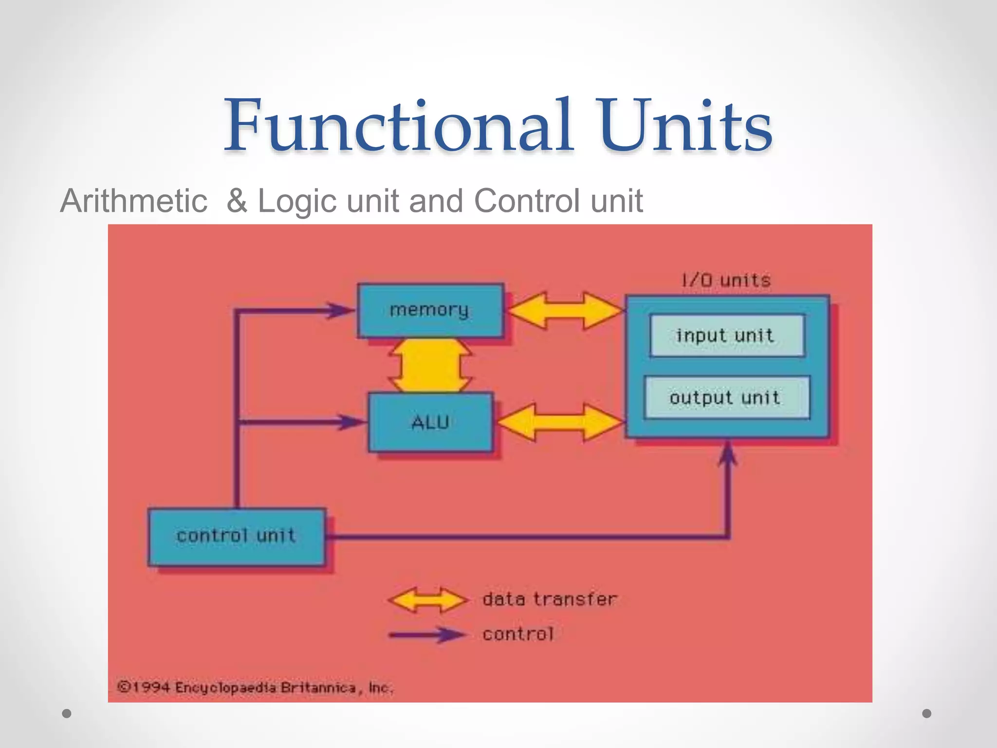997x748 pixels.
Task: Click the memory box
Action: click(x=430, y=310)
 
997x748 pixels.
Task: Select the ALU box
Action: click(x=430, y=422)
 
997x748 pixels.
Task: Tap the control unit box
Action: click(x=237, y=536)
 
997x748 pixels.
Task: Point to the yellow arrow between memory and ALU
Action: click(x=430, y=365)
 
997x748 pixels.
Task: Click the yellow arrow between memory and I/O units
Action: click(x=565, y=310)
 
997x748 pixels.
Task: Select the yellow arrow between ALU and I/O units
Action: click(x=560, y=422)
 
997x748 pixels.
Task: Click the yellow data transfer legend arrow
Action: click(x=428, y=600)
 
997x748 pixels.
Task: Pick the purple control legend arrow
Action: click(x=428, y=635)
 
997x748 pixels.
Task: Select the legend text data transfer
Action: click(x=550, y=599)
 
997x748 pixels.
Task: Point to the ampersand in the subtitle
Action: click(x=237, y=201)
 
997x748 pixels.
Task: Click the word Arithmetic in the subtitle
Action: click(x=134, y=201)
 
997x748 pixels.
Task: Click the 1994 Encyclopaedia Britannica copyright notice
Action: click(x=255, y=688)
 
